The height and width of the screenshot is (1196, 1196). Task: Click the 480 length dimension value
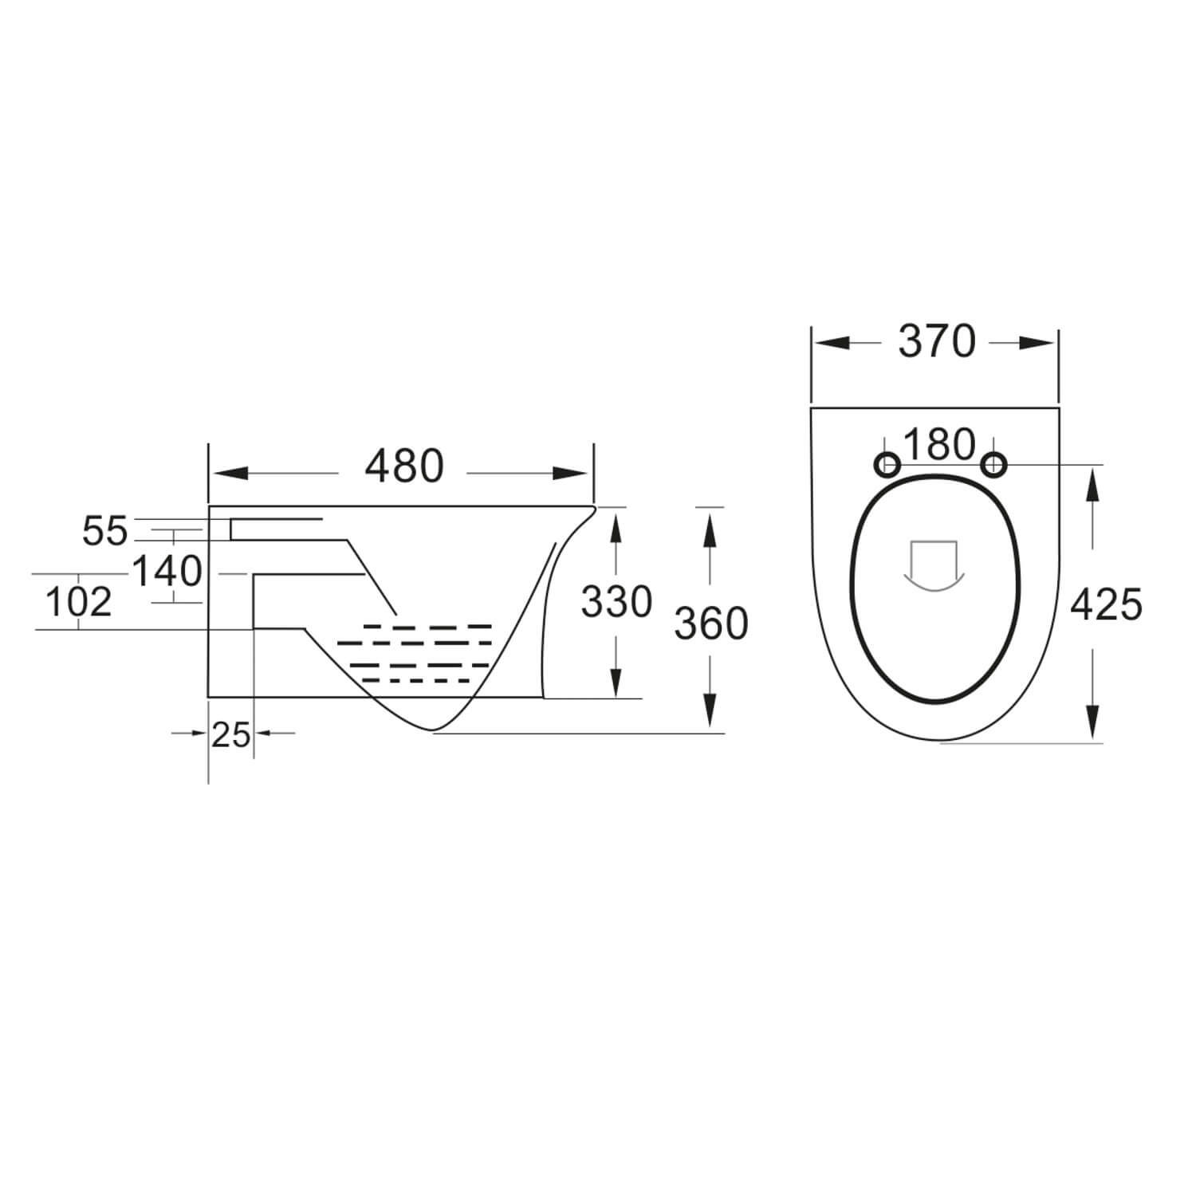403,467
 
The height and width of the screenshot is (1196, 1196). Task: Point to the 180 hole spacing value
940,445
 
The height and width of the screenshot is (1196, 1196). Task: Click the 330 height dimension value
616,602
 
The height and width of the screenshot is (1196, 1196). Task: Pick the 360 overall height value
711,624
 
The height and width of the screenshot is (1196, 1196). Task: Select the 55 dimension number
104,532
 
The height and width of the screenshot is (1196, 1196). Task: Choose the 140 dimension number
167,572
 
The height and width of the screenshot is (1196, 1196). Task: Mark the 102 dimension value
78,603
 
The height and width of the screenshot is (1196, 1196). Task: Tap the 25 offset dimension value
231,734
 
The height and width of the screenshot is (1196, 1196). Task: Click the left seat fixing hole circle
887,464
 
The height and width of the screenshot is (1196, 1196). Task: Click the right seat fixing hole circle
993,464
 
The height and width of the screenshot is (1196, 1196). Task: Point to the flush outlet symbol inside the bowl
934,568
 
